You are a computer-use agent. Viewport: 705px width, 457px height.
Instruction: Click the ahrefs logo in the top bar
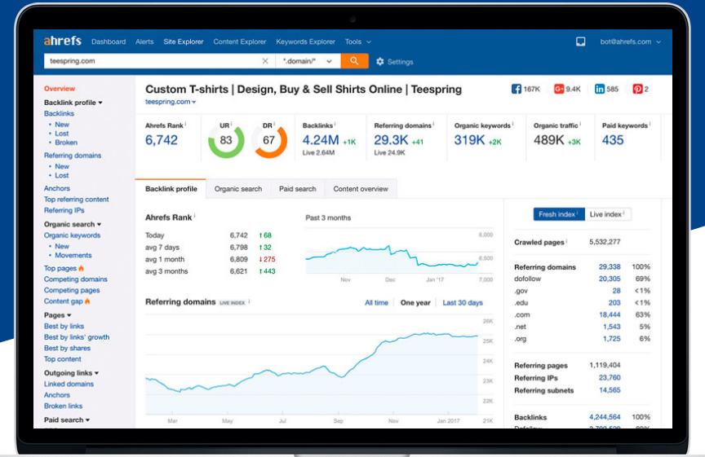pos(63,42)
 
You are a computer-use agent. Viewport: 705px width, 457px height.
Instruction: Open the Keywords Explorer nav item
pos(305,42)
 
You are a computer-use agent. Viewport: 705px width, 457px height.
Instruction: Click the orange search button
pos(354,61)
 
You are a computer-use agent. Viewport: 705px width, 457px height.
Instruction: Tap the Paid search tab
pos(297,189)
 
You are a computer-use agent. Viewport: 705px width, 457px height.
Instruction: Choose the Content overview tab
pos(361,189)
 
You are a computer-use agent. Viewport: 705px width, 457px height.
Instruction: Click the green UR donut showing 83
pos(226,140)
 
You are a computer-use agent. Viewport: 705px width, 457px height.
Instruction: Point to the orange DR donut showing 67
pos(269,140)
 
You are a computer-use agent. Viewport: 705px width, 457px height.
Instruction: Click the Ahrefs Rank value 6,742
pos(162,140)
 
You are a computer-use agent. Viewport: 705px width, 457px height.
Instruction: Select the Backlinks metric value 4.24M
pos(320,139)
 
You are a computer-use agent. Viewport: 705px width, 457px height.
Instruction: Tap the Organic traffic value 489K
pos(550,140)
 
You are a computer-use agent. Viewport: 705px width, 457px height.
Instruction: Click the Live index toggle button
pos(607,214)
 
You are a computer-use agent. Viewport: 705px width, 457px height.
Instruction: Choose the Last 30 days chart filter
pos(463,303)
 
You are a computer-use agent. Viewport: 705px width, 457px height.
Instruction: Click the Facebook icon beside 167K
pos(516,89)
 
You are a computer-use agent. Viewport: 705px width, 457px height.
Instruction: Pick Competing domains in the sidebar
pos(75,279)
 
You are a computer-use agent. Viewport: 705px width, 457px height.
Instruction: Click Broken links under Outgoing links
pos(63,406)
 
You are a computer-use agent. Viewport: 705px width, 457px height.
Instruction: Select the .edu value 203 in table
pos(614,302)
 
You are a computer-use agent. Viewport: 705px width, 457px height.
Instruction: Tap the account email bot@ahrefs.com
pos(627,42)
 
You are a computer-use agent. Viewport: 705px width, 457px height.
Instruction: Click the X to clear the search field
pos(265,61)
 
